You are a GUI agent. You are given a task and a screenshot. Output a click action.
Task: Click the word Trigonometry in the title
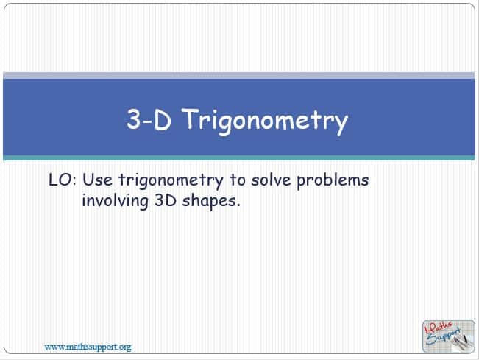pyautogui.click(x=266, y=121)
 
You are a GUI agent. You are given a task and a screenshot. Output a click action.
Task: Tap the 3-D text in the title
pyautogui.click(x=149, y=119)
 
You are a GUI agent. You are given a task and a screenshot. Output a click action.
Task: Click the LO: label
pyautogui.click(x=63, y=180)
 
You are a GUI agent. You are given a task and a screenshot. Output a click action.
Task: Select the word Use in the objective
pyautogui.click(x=97, y=180)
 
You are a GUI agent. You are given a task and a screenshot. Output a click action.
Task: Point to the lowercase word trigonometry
pyautogui.click(x=171, y=181)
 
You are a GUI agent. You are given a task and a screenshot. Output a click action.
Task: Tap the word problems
pyautogui.click(x=333, y=180)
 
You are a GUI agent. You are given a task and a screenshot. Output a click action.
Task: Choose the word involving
pyautogui.click(x=116, y=202)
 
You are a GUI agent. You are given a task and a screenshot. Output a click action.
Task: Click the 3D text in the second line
pyautogui.click(x=166, y=201)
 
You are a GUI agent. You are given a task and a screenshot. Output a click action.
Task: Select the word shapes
pyautogui.click(x=209, y=202)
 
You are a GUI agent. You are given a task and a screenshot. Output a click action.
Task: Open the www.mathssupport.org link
pyautogui.click(x=88, y=347)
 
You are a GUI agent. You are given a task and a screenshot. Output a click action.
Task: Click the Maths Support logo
pyautogui.click(x=448, y=336)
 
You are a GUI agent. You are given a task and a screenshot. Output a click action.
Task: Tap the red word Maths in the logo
pyautogui.click(x=438, y=328)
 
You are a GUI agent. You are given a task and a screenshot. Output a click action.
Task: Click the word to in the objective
pyautogui.click(x=237, y=180)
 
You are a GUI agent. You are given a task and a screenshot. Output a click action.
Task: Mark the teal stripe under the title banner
pyautogui.click(x=239, y=158)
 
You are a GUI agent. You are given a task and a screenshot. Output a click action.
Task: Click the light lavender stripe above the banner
pyautogui.click(x=239, y=76)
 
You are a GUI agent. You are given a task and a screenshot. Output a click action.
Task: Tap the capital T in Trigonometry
pyautogui.click(x=194, y=119)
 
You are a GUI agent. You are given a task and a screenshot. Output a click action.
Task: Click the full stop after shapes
pyautogui.click(x=238, y=205)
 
